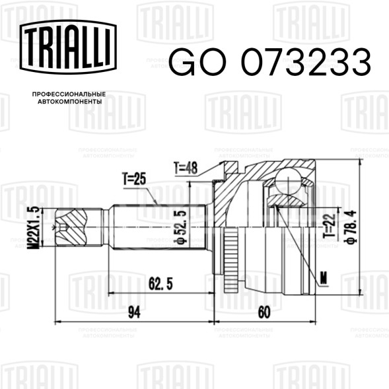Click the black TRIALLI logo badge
(x=68, y=47)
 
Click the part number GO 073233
(x=269, y=62)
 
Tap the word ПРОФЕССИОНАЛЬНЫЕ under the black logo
(x=69, y=94)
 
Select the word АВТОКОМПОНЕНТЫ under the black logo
(x=70, y=102)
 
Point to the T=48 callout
(x=186, y=168)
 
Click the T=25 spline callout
(x=134, y=179)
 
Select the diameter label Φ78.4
(x=351, y=227)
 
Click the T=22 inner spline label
(x=331, y=225)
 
